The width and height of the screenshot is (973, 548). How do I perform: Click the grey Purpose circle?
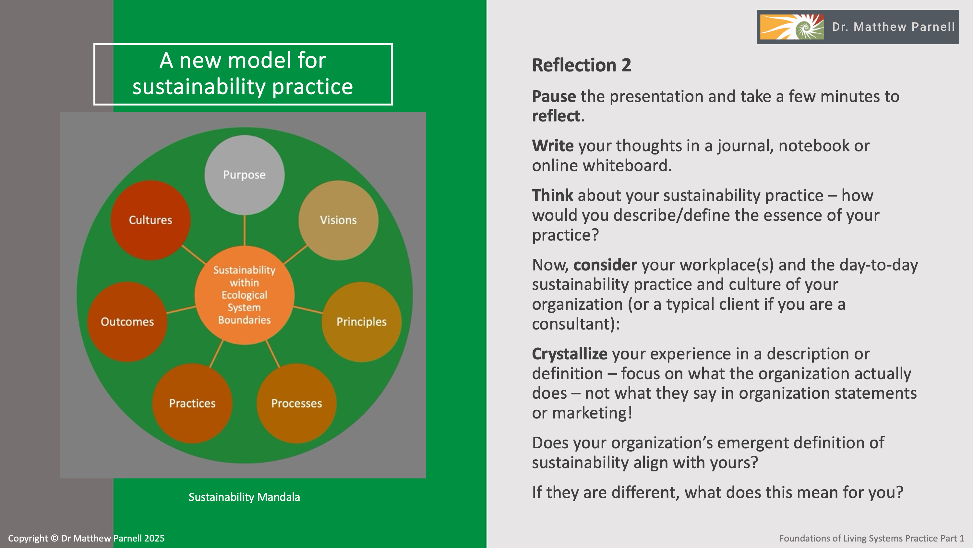click(244, 175)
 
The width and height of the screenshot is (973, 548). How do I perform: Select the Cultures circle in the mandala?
click(150, 220)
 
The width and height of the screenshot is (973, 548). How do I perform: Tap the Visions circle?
click(338, 220)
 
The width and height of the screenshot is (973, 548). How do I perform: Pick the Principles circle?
click(362, 322)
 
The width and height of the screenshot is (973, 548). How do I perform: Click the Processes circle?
click(296, 403)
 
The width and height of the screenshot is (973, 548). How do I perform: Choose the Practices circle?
click(192, 403)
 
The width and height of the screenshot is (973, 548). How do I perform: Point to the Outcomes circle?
click(127, 322)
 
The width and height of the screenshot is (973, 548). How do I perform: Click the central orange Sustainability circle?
click(244, 295)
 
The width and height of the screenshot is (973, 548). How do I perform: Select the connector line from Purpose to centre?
click(244, 231)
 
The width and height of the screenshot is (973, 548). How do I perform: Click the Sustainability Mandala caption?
click(244, 497)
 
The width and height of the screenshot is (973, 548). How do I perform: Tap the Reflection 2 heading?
click(581, 65)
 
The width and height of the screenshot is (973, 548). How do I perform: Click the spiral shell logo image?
click(792, 27)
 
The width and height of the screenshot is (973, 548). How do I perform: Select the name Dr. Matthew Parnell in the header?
click(893, 27)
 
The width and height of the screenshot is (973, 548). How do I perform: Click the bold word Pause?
click(554, 96)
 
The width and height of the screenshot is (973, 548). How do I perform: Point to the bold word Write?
click(553, 146)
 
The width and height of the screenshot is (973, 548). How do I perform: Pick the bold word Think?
click(552, 195)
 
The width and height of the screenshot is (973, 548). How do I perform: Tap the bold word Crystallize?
click(570, 354)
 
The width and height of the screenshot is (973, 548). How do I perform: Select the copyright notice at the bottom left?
click(86, 538)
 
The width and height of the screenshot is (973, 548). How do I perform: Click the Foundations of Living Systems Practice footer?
click(871, 538)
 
